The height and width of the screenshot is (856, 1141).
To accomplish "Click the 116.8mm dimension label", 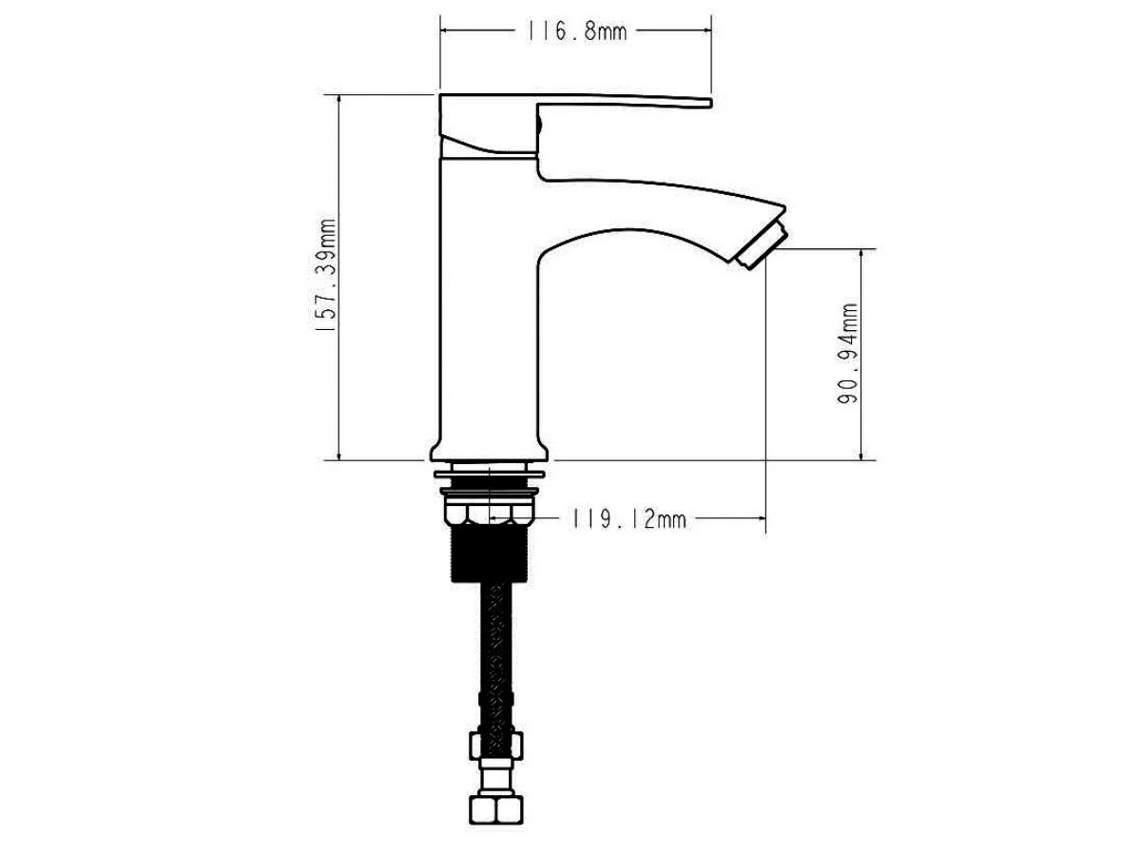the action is pyautogui.click(x=577, y=31).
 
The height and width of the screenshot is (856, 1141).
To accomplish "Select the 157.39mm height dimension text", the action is pyautogui.click(x=327, y=276).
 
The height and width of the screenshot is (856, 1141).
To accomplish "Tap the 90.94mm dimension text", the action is pyautogui.click(x=847, y=354).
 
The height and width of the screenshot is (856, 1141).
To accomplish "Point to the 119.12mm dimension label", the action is pyautogui.click(x=629, y=518).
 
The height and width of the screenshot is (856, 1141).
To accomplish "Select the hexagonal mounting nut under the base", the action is pyautogui.click(x=490, y=513).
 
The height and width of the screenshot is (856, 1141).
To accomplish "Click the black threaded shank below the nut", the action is pyautogui.click(x=489, y=553).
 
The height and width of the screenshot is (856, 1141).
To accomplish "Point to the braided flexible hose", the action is pyautogui.click(x=496, y=656).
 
